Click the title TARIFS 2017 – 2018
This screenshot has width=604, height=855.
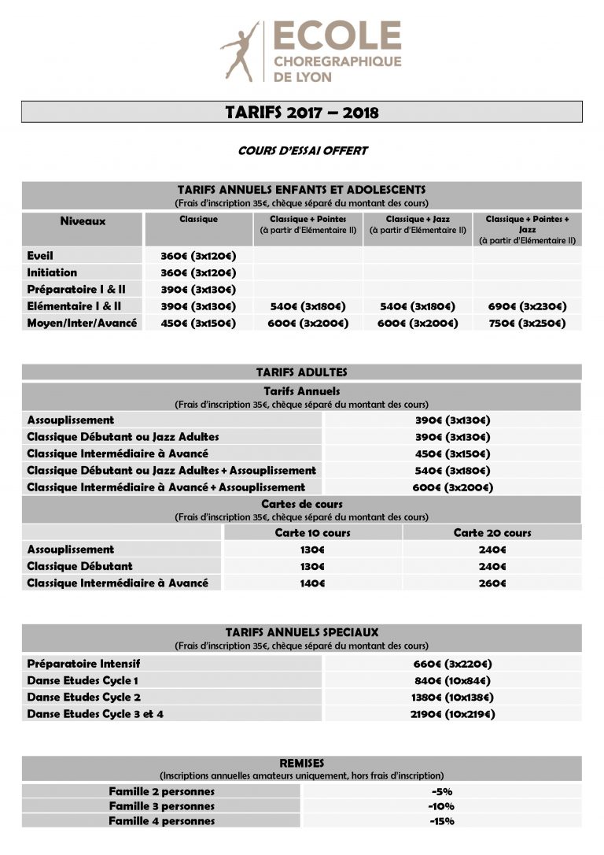(302, 112)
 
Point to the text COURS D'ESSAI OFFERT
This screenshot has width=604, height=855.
(303, 150)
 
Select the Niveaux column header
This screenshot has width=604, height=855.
(83, 221)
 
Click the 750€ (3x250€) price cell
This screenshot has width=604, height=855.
(526, 324)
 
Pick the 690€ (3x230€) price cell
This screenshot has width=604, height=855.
(526, 306)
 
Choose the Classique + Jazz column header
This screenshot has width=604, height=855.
(417, 224)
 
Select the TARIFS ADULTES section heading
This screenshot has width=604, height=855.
(301, 372)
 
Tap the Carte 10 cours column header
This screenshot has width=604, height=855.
(312, 533)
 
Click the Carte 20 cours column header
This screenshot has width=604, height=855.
(492, 533)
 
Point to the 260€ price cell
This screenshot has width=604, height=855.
(492, 583)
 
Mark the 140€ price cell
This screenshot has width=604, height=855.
(312, 583)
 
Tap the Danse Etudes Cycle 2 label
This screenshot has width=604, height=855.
(84, 698)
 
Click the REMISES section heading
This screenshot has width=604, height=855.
(301, 763)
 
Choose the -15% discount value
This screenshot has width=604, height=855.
(441, 821)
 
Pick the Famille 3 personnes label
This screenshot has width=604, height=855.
(162, 806)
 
